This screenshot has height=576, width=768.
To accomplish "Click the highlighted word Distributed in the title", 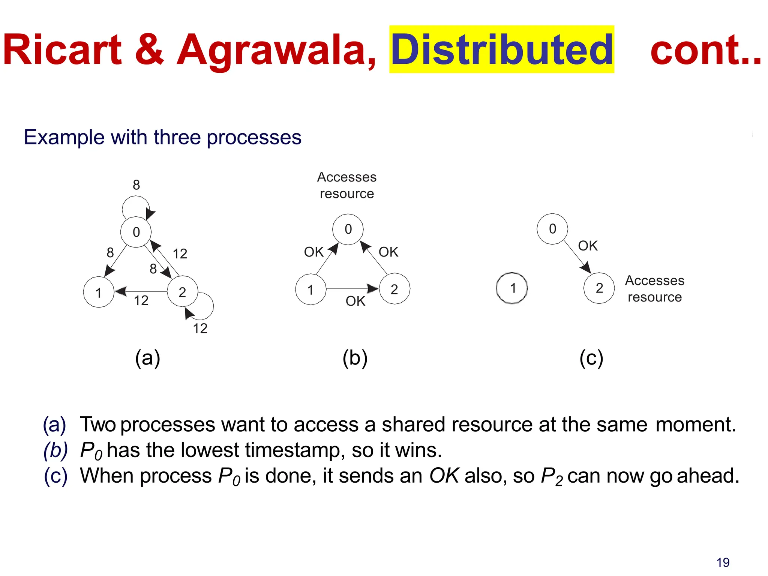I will [x=501, y=50].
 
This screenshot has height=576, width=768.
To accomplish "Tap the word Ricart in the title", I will [x=62, y=50].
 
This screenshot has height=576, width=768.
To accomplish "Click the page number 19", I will [x=723, y=562].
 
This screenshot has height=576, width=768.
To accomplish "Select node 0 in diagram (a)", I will [x=136, y=232].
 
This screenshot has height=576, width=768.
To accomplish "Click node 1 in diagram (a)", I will [x=99, y=292].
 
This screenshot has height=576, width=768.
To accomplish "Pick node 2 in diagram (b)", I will [x=394, y=289].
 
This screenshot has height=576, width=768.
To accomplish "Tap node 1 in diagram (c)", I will [x=512, y=288].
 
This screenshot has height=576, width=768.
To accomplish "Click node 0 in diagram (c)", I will [x=552, y=229].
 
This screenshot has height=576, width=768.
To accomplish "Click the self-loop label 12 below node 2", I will [x=200, y=328].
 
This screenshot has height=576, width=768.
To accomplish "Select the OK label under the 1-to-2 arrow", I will [x=355, y=301].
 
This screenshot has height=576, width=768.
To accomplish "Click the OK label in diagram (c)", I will [x=588, y=246].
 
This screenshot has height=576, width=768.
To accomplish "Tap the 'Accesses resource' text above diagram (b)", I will [x=346, y=185].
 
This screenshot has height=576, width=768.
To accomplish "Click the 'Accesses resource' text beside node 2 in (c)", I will [x=654, y=289].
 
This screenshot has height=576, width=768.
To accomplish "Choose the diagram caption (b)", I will [x=355, y=358].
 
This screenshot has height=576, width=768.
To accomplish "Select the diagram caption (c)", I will [x=591, y=358].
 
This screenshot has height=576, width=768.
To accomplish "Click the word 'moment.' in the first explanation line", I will [x=696, y=424].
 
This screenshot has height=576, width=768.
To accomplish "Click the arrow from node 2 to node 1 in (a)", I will [x=142, y=291].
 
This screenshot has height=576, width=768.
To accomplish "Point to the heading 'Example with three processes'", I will [x=162, y=137].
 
